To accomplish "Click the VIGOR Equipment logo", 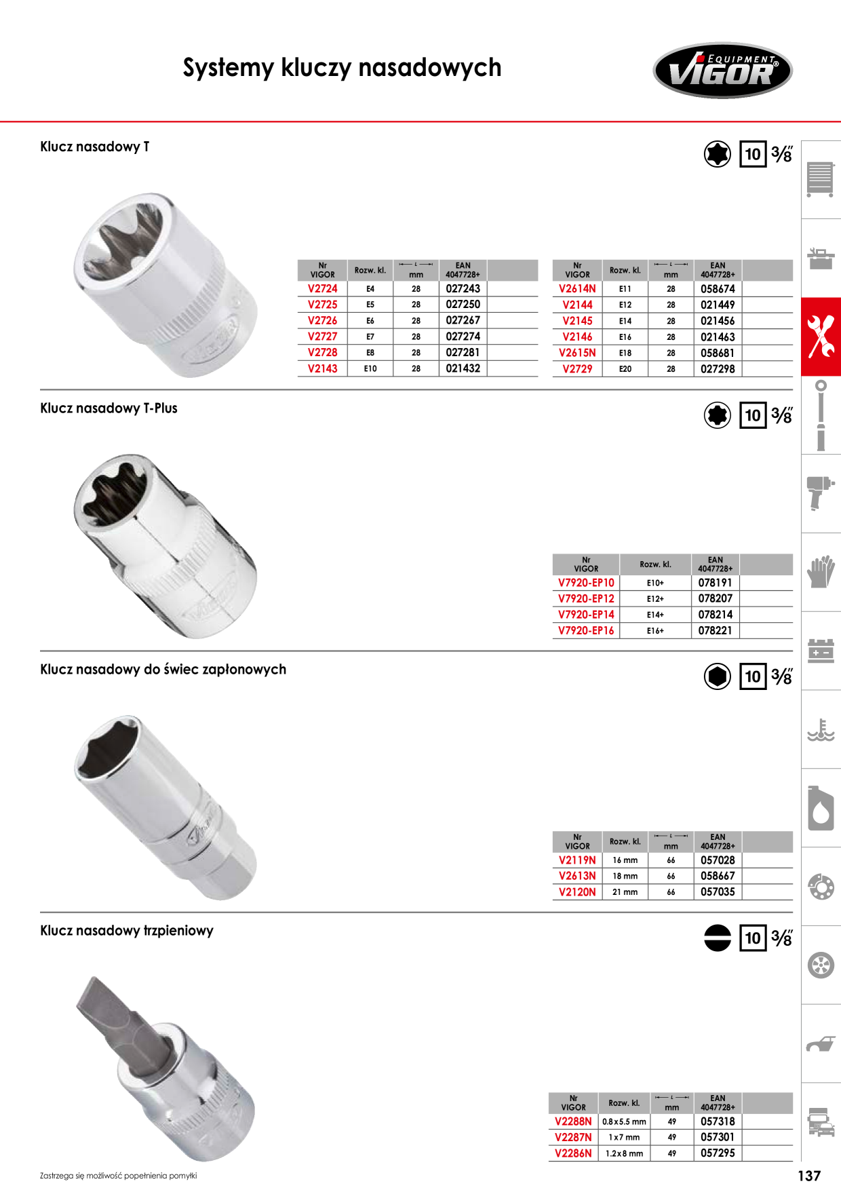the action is coord(722,71).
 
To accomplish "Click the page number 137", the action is coord(809,1176).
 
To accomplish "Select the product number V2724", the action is coord(322,288).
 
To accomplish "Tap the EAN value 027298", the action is coord(718,369).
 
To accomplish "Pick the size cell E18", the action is coord(625,353).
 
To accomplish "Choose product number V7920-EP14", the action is coord(586,615).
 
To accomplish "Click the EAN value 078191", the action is coord(716,583).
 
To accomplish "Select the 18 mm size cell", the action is coord(625,876).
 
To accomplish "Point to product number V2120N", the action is coord(577,892).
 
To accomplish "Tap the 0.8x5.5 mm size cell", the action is coord(624,1121).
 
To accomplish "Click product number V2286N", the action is coord(573,1153).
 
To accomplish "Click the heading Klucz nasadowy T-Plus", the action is coord(109,408).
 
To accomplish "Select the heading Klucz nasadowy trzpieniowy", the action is coord(127,931).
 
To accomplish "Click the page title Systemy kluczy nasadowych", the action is coord(342,68).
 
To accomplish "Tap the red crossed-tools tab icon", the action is coord(821,337).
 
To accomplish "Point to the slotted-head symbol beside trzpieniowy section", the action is coord(718,938).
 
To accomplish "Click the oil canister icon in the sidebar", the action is coord(821,808).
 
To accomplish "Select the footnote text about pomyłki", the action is coord(119,1176).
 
